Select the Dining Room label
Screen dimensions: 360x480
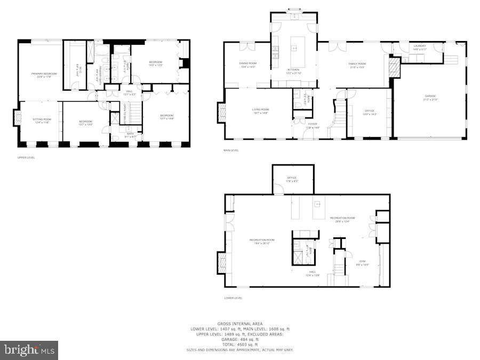[x=248, y=63]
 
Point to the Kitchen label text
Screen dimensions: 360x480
[x=293, y=70]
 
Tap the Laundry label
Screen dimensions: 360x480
[x=420, y=46]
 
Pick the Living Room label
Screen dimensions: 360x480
[x=261, y=109]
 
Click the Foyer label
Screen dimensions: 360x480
[x=313, y=124]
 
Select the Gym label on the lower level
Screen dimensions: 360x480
[x=362, y=261]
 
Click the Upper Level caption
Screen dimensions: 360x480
[x=26, y=157]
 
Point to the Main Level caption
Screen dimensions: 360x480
[x=231, y=150]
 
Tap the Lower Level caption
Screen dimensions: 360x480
[x=233, y=298]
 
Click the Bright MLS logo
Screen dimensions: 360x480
[x=29, y=350]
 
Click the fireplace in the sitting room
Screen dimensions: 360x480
[x=17, y=118]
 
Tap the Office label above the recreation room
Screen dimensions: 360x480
[x=292, y=178]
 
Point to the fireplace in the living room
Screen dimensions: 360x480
[x=222, y=111]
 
